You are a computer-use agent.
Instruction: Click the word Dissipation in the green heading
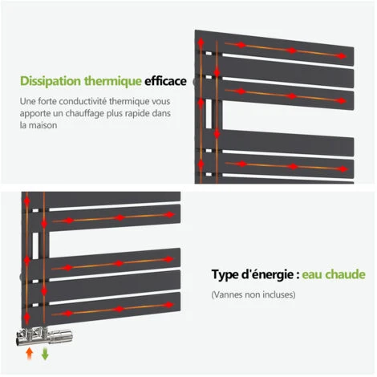coord(51,81)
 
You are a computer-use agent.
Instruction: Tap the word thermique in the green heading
coord(113,81)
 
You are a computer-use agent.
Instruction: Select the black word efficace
coord(165,81)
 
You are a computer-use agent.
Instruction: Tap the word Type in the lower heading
coord(225,275)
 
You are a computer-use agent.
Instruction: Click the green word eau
coord(312,274)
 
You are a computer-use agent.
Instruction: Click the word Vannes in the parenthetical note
coord(228,294)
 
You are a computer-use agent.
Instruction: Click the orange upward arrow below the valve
coord(29,353)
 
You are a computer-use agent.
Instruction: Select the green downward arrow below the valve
coord(45,354)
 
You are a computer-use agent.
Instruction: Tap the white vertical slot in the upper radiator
coord(209,114)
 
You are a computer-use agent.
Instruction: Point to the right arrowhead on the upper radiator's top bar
coord(342,56)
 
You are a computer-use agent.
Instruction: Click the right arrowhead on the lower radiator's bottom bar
coord(169,305)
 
